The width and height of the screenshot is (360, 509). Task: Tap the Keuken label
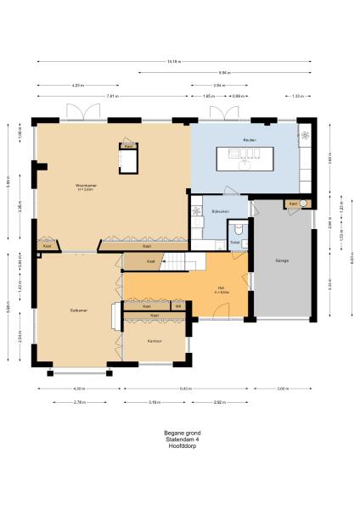tap(250, 139)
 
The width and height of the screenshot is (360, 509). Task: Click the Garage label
tap(282, 260)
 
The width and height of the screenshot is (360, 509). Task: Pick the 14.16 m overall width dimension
tap(173, 61)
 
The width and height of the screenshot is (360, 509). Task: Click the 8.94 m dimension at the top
tap(224, 73)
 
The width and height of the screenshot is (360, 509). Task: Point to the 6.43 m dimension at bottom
tap(185, 389)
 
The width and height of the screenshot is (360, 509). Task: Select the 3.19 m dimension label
tap(155, 400)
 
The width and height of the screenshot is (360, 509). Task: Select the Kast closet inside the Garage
tap(294, 204)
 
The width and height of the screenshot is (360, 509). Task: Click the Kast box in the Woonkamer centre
tap(128, 147)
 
